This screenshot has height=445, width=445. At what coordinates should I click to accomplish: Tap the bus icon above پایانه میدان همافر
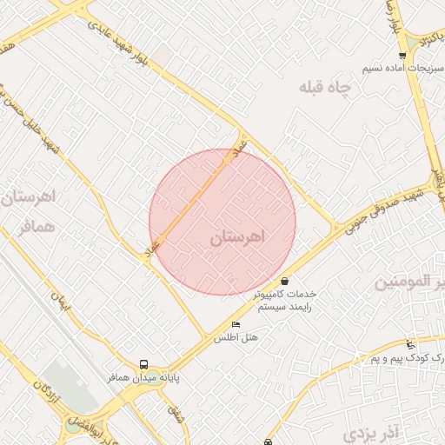pyautogui.click(x=143, y=365)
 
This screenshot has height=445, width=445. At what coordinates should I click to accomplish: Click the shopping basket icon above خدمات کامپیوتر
pyautogui.click(x=285, y=281)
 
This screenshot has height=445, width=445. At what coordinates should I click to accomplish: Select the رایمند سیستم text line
pyautogui.click(x=285, y=307)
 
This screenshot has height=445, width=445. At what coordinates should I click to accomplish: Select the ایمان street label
pyautogui.click(x=58, y=305)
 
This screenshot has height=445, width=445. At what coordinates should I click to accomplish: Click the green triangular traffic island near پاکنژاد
pyautogui.click(x=408, y=41)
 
